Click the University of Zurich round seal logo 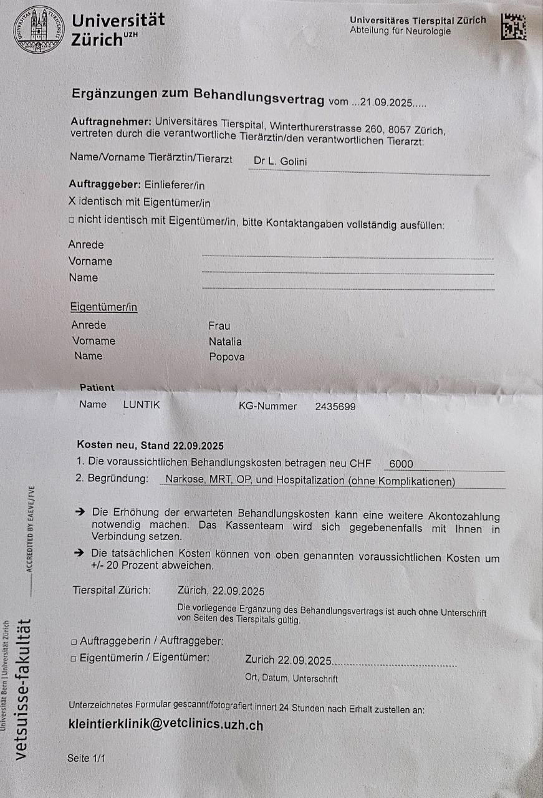coord(39,29)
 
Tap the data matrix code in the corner coord(514,27)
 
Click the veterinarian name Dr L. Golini coord(280,161)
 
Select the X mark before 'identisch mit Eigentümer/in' coord(72,202)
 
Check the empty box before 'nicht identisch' coord(72,220)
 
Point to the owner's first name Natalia coord(225,342)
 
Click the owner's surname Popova coord(227,357)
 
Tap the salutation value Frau coord(219,325)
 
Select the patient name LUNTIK coord(142,405)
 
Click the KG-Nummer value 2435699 coord(335,406)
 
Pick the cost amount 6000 coord(401,464)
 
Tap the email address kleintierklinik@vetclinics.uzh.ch coord(166,725)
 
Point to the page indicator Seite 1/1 coord(87,758)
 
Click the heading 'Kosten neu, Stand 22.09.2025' coord(150,445)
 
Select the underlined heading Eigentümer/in coord(104,307)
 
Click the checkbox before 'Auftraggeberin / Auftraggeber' coord(74,641)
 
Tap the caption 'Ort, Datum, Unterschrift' coord(292,678)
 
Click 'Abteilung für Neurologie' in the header coord(400,31)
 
